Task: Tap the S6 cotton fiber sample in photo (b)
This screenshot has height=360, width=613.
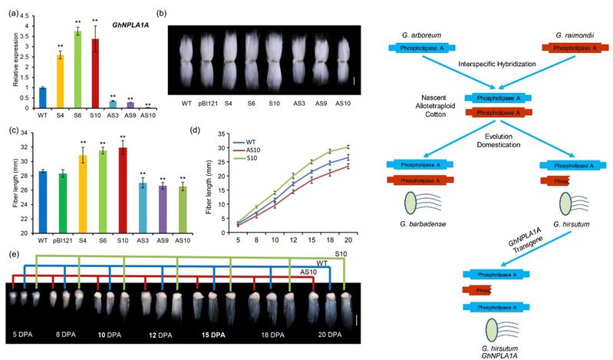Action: (x=251, y=61)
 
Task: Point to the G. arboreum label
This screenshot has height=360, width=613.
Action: (x=419, y=35)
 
